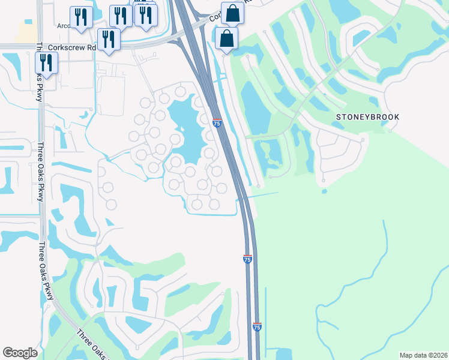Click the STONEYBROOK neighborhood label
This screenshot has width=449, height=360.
click(x=368, y=116)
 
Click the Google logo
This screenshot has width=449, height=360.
click(x=20, y=353)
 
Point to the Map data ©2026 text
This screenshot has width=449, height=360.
click(x=415, y=355)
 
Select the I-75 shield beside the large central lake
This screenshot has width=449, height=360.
click(x=217, y=123)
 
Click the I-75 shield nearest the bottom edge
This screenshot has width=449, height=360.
click(x=257, y=326)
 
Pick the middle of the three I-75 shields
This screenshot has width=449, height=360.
click(x=247, y=259)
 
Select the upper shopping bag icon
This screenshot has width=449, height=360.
click(x=232, y=12)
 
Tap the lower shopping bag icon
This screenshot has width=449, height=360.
click(x=226, y=38)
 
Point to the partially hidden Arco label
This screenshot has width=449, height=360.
click(x=64, y=26)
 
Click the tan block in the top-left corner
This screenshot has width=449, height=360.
click(x=26, y=33)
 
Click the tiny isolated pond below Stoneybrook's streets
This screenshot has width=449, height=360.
click(x=324, y=191)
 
